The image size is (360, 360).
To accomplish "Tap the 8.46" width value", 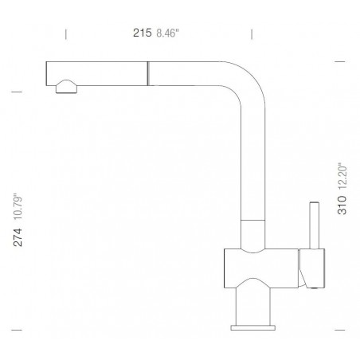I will pyautogui.click(x=168, y=33).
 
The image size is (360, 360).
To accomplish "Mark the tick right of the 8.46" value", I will pyautogui.click(x=252, y=33).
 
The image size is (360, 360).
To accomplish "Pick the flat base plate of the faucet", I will pyautogui.click(x=254, y=326).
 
